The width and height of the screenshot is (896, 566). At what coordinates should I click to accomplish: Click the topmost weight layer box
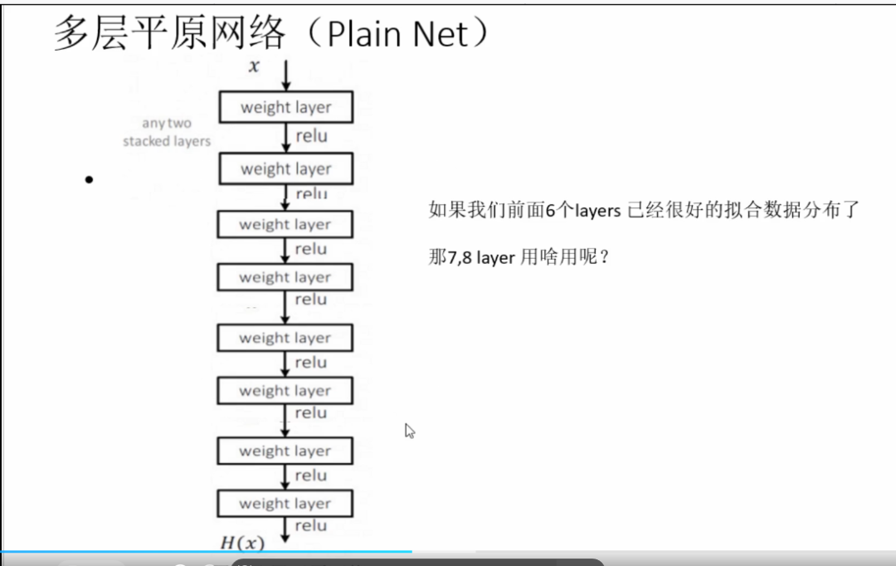pyautogui.click(x=285, y=108)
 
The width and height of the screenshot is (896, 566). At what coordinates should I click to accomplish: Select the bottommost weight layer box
pyautogui.click(x=285, y=504)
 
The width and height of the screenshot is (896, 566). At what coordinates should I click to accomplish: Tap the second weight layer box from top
pyautogui.click(x=285, y=169)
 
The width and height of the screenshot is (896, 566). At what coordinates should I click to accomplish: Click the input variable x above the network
pyautogui.click(x=255, y=66)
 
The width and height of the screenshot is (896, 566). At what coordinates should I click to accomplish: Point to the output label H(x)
pyautogui.click(x=241, y=544)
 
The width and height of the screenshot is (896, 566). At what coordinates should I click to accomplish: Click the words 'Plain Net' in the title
pyautogui.click(x=398, y=35)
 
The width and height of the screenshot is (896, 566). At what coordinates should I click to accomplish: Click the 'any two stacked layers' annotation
pyautogui.click(x=167, y=132)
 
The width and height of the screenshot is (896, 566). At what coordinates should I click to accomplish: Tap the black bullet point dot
pyautogui.click(x=89, y=179)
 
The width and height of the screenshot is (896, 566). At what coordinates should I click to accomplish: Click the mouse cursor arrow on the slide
pyautogui.click(x=409, y=431)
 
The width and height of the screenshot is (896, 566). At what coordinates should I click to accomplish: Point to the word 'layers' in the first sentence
pyautogui.click(x=592, y=211)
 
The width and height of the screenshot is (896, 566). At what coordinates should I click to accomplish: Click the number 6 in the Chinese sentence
pyautogui.click(x=549, y=211)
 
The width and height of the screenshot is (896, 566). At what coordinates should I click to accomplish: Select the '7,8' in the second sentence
pyautogui.click(x=460, y=257)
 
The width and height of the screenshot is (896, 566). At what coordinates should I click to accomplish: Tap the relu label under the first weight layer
pyautogui.click(x=311, y=136)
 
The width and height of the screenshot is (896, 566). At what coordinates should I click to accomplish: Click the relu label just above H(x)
pyautogui.click(x=310, y=525)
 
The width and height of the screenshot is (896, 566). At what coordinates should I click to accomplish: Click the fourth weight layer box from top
pyautogui.click(x=285, y=277)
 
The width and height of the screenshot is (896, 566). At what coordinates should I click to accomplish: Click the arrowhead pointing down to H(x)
pyautogui.click(x=285, y=537)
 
